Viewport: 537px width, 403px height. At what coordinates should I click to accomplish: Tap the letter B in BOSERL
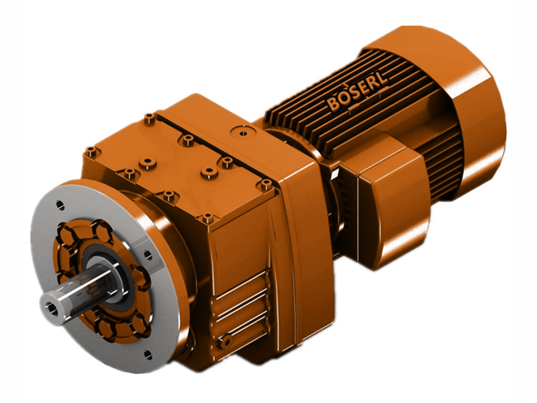[333, 105]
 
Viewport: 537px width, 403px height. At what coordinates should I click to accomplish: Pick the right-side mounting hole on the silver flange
[143, 255]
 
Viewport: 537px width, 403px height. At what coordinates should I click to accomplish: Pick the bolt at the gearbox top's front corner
[207, 218]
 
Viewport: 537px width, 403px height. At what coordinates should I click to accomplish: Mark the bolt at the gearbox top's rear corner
[149, 119]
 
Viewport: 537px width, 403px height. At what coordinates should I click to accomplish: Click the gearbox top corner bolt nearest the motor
[266, 183]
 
